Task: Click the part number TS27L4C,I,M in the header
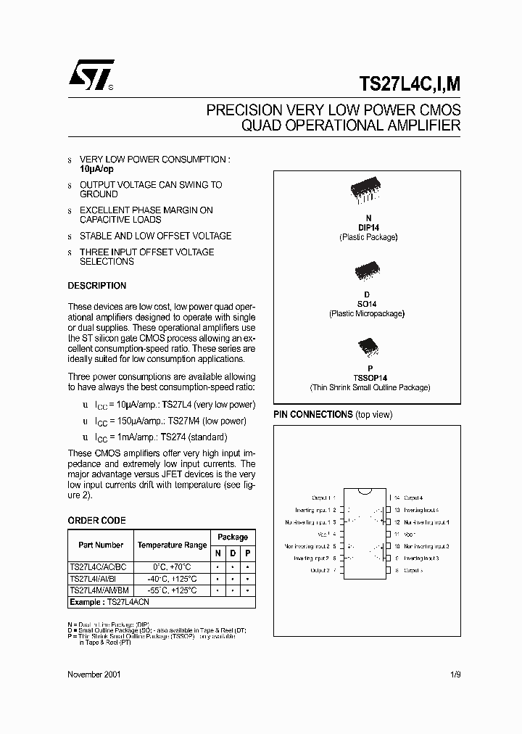[410, 83]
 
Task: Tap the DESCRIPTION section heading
[96, 286]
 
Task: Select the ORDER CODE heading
[96, 520]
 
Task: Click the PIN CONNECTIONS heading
[312, 414]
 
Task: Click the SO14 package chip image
[367, 272]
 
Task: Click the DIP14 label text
[368, 227]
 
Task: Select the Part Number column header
[101, 545]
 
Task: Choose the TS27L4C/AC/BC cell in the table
[101, 566]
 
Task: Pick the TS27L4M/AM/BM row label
[101, 590]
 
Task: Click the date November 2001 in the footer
[94, 674]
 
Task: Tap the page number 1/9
[455, 674]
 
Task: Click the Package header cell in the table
[233, 537]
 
